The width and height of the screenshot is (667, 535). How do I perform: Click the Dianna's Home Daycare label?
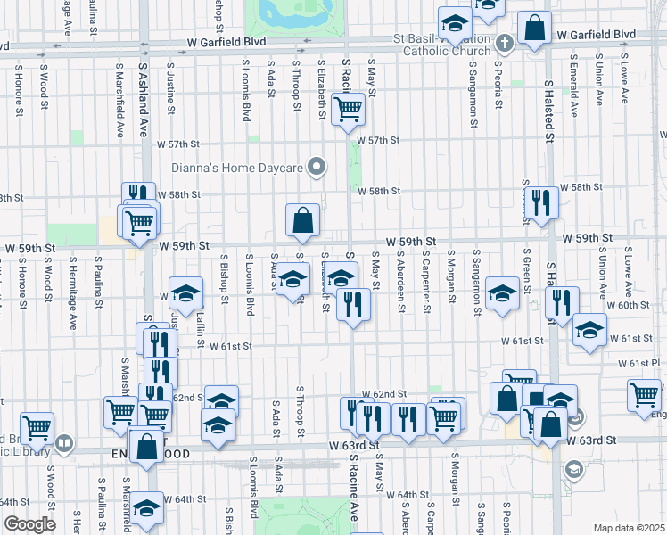point(238,168)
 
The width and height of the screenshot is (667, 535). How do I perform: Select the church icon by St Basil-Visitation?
point(504,43)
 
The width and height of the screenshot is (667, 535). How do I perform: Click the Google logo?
point(29,524)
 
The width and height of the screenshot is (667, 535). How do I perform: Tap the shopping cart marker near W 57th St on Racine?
point(347,110)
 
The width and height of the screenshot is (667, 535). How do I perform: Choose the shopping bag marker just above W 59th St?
point(303,219)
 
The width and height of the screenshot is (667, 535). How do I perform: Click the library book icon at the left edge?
point(63,442)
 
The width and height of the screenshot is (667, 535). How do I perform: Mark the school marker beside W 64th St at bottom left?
point(148,506)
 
